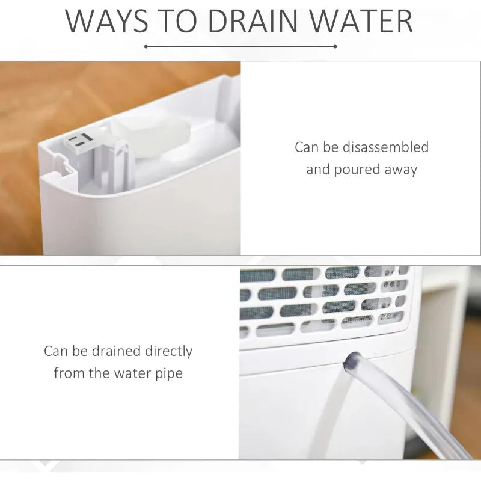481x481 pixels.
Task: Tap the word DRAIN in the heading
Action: tap(253, 22)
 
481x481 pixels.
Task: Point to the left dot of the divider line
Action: tap(146, 47)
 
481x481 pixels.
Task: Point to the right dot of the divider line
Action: tap(335, 47)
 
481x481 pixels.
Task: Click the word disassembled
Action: tap(385, 147)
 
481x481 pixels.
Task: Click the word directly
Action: tap(168, 352)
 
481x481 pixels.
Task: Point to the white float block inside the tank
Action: tap(150, 135)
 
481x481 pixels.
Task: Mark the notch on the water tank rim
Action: tap(63, 162)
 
